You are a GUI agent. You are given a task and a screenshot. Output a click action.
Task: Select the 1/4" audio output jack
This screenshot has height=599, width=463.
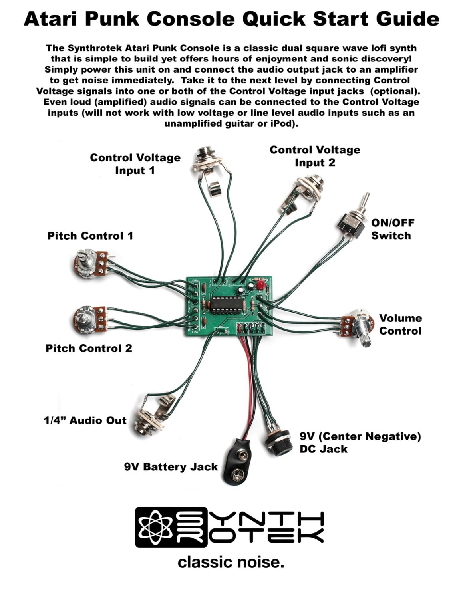153,418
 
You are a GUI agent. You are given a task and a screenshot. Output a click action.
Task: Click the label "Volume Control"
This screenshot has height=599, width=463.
400,325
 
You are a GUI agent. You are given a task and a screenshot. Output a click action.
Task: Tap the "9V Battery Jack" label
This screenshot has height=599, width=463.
171,467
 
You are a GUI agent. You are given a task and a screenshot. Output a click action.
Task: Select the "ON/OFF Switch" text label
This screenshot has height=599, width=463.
392,229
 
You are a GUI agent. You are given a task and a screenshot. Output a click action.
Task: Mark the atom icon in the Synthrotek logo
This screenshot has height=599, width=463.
155,527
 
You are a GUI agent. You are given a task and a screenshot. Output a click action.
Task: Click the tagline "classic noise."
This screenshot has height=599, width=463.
231,562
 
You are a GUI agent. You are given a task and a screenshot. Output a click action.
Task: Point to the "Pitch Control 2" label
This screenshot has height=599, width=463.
89,348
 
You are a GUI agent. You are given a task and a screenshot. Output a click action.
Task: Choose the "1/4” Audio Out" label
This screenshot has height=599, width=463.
85,420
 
